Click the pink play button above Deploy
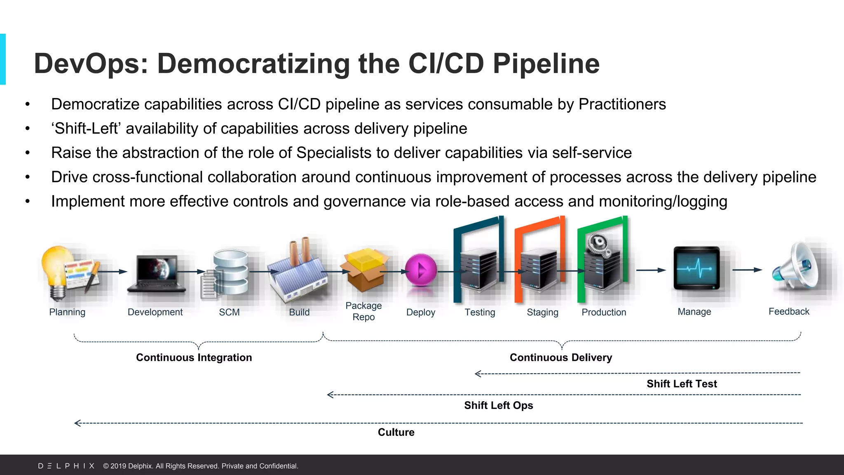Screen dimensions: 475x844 tap(421, 270)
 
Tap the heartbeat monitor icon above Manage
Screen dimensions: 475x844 tap(696, 268)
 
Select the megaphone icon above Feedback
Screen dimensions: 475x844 tap(793, 266)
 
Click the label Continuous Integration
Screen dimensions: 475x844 tap(194, 357)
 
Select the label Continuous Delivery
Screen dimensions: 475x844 tap(560, 357)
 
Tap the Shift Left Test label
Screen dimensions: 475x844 tap(682, 384)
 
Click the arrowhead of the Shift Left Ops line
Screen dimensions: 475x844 tap(330, 395)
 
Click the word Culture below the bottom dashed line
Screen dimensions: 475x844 tap(396, 432)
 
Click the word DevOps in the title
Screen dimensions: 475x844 tap(91, 64)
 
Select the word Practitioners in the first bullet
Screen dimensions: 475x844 tap(622, 104)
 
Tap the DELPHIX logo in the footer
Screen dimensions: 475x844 tap(66, 466)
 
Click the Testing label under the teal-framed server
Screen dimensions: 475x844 tap(480, 312)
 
